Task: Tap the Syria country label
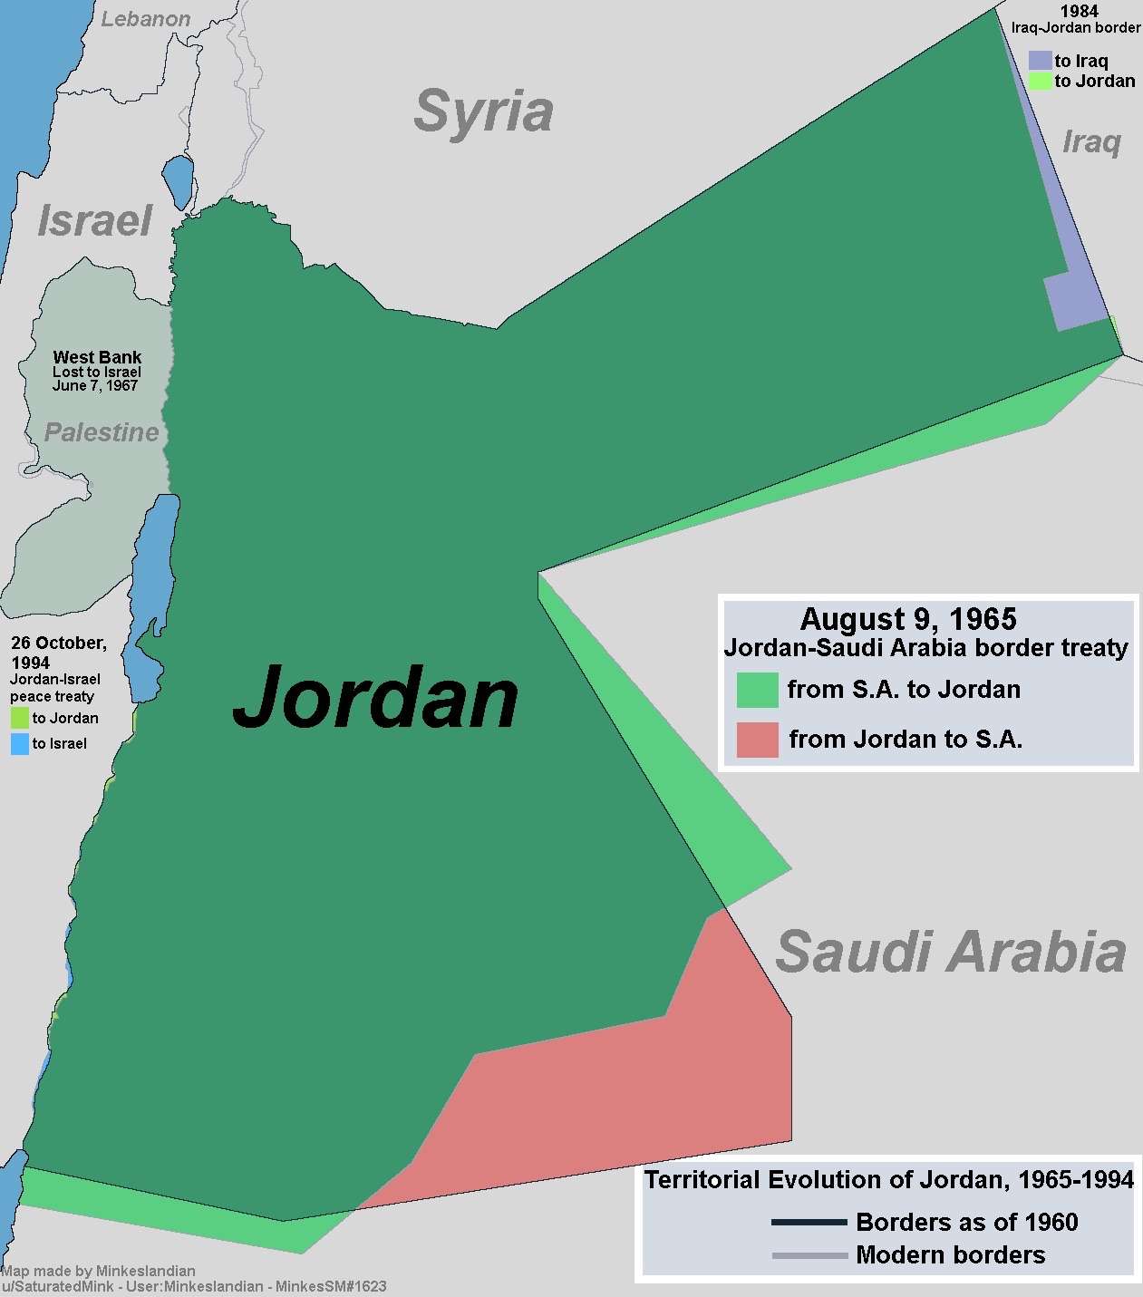click(x=483, y=111)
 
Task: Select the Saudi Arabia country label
click(x=950, y=952)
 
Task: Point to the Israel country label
click(x=94, y=221)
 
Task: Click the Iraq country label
click(x=1091, y=142)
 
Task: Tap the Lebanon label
click(x=145, y=19)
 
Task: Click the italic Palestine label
click(x=102, y=432)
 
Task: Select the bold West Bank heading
click(x=97, y=357)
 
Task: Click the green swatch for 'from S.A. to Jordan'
click(x=757, y=690)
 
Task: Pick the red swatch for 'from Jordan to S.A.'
click(x=757, y=740)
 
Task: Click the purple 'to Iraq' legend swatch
click(x=1040, y=61)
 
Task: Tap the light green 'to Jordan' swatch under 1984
click(x=1040, y=81)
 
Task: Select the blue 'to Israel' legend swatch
click(x=19, y=744)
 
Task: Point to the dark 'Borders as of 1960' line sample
click(x=809, y=1223)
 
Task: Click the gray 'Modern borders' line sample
click(x=809, y=1255)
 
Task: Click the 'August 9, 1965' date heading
click(x=908, y=619)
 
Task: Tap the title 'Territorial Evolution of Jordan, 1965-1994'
click(x=888, y=1179)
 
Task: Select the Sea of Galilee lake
click(x=179, y=180)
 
